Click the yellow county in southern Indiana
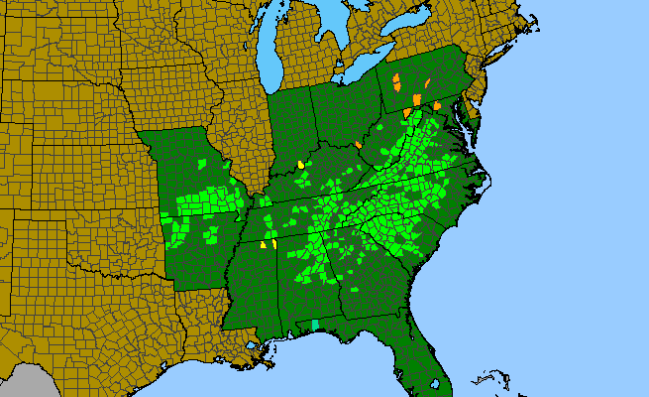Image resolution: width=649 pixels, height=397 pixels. pos(299,165)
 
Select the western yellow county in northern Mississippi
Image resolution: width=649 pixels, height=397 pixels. pos(263,244)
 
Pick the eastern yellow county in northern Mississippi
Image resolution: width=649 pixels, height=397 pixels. pos(273,243)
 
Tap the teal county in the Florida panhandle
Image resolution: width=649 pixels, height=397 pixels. pos(315,325)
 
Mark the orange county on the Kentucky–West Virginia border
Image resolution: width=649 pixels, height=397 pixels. pos(359,146)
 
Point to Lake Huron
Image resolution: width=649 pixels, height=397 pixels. pos(332,30)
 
